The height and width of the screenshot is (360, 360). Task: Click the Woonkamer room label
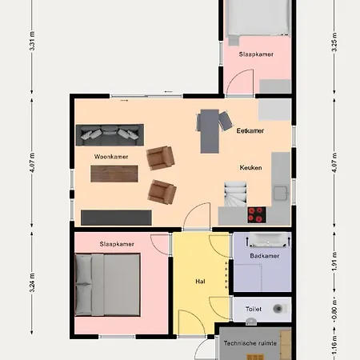tap(111, 157)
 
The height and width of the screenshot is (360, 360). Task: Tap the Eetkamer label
tap(250, 130)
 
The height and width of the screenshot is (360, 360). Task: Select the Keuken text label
tap(250, 168)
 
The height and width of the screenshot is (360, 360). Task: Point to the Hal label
tap(200, 282)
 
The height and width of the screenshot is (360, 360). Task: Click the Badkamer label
tap(265, 256)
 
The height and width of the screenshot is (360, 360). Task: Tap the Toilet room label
tap(254, 309)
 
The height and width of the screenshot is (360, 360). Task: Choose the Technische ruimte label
tap(250, 343)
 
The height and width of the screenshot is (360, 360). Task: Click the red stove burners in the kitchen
tap(257, 215)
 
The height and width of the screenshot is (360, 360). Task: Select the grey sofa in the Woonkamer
tap(110, 135)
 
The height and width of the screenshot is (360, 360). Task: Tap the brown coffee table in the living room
tap(114, 174)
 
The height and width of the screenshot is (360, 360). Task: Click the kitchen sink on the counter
tap(281, 193)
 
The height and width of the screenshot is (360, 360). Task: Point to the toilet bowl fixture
tap(279, 309)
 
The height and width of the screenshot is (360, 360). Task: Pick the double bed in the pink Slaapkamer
tap(107, 285)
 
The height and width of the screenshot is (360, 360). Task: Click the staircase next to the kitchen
tap(235, 194)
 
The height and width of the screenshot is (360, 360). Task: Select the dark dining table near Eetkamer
tap(210, 131)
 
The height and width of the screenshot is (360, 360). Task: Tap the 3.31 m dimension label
tap(32, 41)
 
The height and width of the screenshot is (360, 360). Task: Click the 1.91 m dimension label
tap(334, 262)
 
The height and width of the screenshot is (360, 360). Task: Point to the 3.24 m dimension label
tap(32, 282)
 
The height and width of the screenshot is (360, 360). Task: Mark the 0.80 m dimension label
tap(334, 310)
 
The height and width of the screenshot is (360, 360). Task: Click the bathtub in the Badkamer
tap(268, 240)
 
